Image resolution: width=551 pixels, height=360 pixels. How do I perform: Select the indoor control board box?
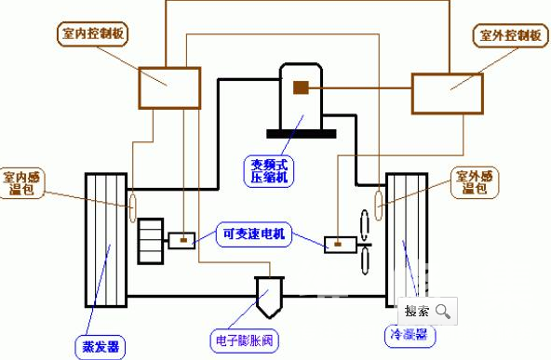(168, 87)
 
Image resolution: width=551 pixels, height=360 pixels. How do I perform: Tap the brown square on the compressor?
(301, 87)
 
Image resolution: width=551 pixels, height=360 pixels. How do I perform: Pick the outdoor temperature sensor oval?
(380, 198)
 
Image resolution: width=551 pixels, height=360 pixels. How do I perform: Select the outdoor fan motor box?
(338, 245)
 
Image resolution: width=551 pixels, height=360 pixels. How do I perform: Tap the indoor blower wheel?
(149, 241)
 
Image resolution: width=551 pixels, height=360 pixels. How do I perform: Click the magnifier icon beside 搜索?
(444, 312)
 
